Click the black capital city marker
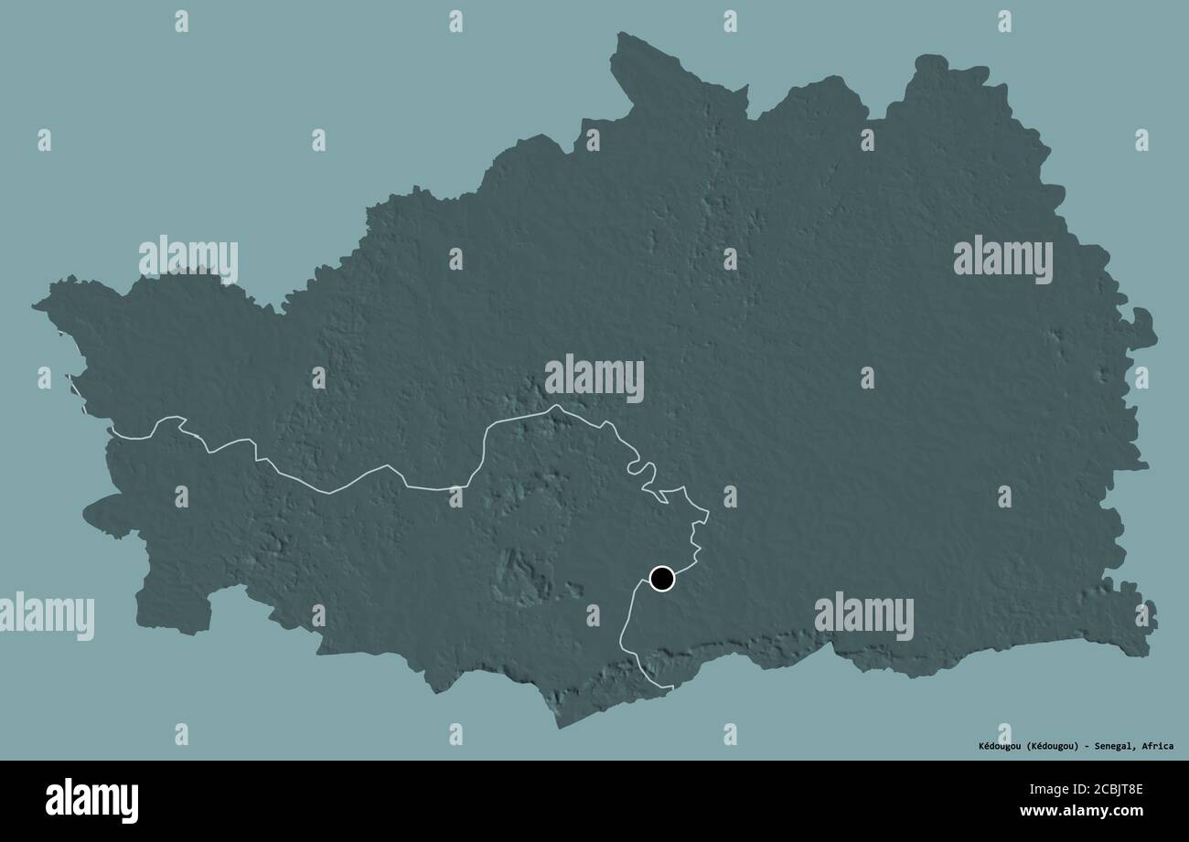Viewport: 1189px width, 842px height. point(661,578)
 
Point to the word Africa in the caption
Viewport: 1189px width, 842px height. point(1156,746)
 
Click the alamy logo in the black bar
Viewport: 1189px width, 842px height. point(91,801)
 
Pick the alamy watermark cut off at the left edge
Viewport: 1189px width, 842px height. point(46,614)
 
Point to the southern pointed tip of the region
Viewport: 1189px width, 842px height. point(559,727)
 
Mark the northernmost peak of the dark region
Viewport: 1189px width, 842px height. point(619,35)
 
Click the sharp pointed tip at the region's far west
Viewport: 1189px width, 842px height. point(35,306)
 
